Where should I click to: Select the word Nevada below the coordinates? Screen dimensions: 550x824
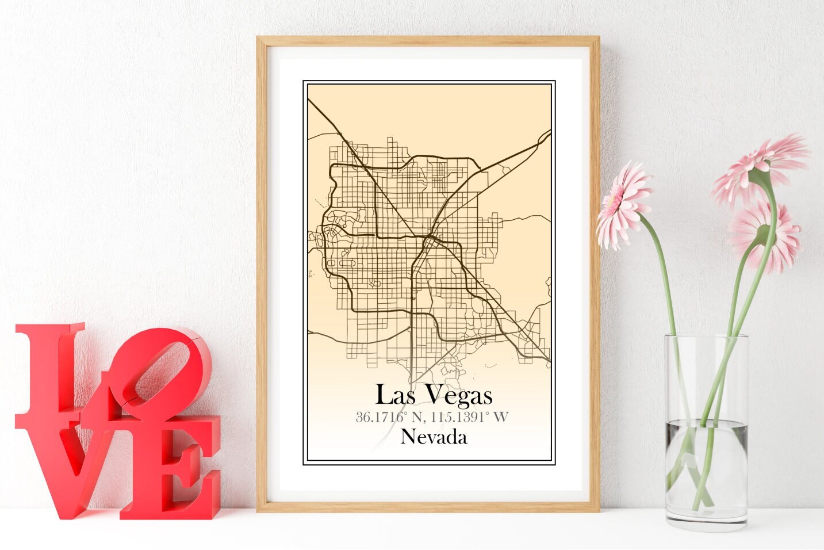[434, 437]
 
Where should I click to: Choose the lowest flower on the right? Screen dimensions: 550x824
[765, 236]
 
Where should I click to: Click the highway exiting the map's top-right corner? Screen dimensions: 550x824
[543, 137]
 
